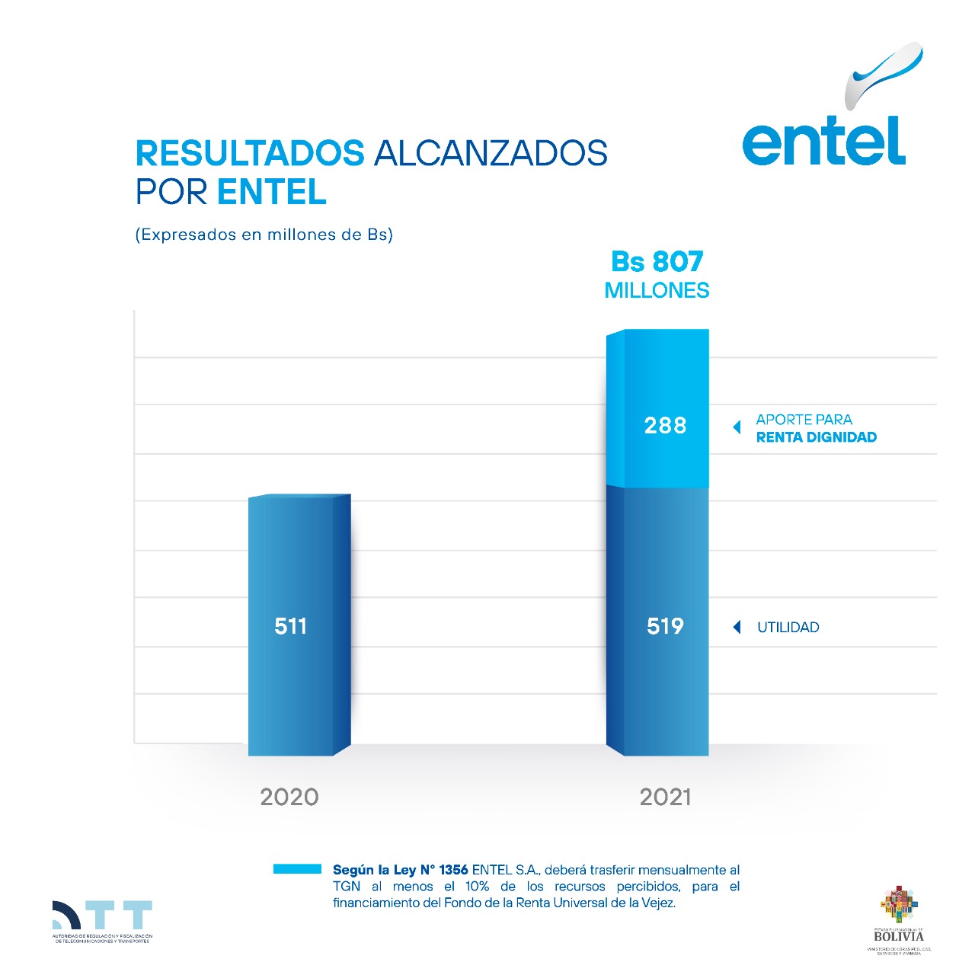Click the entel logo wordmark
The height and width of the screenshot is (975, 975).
click(x=823, y=142)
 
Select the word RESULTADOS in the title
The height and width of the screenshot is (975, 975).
click(x=250, y=153)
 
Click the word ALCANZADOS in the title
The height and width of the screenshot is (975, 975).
click(x=491, y=153)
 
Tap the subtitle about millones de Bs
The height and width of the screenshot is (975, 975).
click(x=264, y=235)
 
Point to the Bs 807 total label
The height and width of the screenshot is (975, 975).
click(x=657, y=262)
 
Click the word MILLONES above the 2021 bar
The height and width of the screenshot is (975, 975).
click(x=657, y=290)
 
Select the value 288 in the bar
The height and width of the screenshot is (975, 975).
click(x=665, y=425)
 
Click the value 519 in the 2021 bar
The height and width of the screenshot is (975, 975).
click(x=665, y=626)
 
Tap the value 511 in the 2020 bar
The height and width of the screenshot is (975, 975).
click(x=290, y=626)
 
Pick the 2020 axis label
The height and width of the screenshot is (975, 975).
click(x=289, y=797)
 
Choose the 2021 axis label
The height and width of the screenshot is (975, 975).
click(x=665, y=797)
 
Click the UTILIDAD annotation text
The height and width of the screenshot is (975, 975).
click(x=788, y=628)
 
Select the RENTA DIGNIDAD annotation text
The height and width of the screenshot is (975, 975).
click(x=816, y=437)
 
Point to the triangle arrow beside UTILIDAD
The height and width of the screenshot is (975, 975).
click(x=737, y=627)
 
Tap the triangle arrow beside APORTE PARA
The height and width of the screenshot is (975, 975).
click(x=737, y=427)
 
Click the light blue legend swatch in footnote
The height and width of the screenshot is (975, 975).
click(x=297, y=869)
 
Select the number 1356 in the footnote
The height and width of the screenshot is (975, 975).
click(x=453, y=870)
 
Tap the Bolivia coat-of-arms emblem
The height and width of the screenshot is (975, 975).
click(x=899, y=904)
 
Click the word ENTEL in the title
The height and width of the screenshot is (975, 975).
click(x=272, y=192)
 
